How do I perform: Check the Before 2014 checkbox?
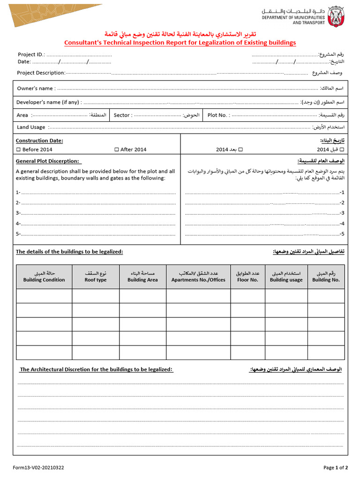click(x=19, y=150)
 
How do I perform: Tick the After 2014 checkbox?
click(x=117, y=150)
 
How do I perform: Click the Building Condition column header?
click(x=44, y=277)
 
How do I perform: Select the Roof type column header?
click(x=96, y=277)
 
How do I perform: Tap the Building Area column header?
click(x=142, y=277)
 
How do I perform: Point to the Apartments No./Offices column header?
click(x=198, y=277)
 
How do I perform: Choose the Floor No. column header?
click(x=247, y=277)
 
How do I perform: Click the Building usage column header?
click(x=286, y=277)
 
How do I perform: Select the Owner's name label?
click(x=35, y=88)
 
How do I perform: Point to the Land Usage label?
click(x=31, y=127)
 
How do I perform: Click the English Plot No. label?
click(x=218, y=115)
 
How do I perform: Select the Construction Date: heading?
click(x=39, y=141)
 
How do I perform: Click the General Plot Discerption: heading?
click(x=47, y=161)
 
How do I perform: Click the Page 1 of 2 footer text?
click(x=335, y=467)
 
